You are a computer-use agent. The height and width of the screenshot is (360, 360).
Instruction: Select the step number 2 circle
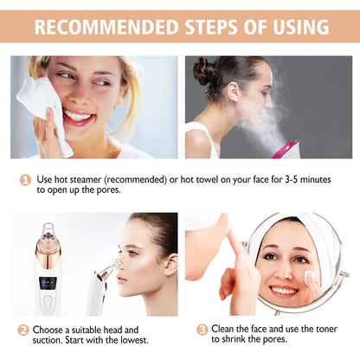point(23,330)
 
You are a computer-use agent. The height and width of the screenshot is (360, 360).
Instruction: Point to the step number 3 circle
point(202,330)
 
